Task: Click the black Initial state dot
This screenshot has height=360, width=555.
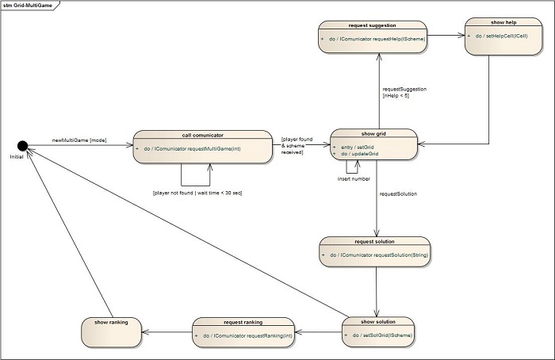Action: coord(23,145)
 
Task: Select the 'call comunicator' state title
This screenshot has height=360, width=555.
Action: coord(203,136)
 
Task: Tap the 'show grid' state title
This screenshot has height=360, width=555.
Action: coord(373,134)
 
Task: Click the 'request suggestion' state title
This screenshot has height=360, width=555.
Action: coord(372,25)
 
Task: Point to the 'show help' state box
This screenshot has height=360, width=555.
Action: coord(503,36)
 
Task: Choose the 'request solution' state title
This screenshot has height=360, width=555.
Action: coord(374,241)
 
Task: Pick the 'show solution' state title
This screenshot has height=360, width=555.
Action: coord(378,322)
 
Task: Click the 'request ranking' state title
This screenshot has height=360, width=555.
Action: coord(243,322)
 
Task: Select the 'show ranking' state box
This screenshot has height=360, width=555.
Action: coord(112,333)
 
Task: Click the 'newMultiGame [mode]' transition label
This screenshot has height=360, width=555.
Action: coord(79,140)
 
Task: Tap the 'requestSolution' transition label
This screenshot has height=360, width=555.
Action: coord(398,194)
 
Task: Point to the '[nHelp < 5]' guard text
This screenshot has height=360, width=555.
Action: coord(396,96)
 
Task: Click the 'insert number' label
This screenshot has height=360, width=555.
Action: coord(354,178)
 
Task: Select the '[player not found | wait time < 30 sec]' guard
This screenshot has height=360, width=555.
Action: coord(197,193)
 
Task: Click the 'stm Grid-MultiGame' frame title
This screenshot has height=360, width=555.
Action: coord(28,6)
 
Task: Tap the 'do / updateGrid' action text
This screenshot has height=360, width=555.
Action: coord(360,154)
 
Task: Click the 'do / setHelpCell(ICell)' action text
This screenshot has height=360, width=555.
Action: coord(501,36)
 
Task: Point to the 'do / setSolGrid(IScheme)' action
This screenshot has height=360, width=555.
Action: coord(382,335)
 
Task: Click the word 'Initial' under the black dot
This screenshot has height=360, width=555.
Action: coord(17,157)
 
